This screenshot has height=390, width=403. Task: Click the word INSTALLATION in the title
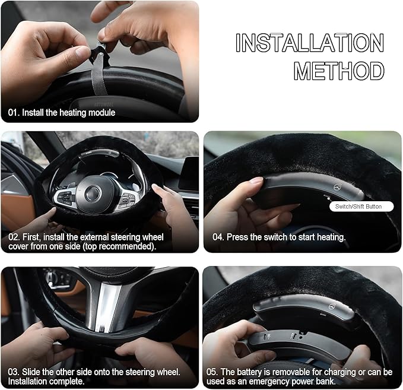pos(310,43)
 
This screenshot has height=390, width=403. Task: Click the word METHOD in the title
pos(339,71)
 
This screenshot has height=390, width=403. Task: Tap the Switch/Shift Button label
pos(358,207)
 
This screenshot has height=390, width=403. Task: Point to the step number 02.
pos(14,237)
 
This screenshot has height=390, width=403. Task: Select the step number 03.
pos(14,372)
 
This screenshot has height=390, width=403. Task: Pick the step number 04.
pos(218,237)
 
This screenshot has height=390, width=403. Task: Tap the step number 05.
pos(212,372)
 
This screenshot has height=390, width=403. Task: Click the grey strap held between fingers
pos(99,74)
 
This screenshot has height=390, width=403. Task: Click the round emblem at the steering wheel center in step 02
pos(93,193)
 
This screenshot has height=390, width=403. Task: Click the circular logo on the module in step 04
pos(337,187)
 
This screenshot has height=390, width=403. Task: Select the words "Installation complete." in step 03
pos(46,381)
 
